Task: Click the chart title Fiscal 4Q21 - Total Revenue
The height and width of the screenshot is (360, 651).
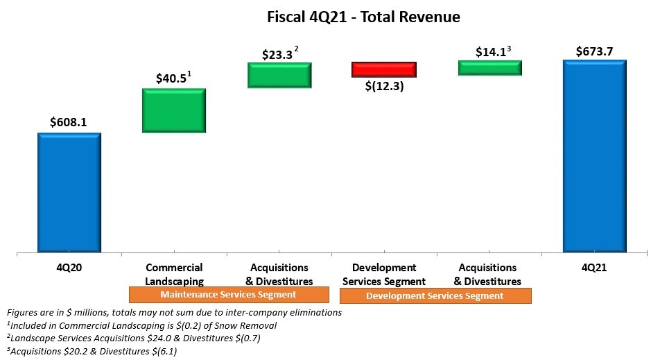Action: [x=363, y=16]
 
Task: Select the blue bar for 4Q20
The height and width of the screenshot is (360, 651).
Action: [x=69, y=192]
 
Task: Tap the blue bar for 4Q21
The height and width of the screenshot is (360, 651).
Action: [x=594, y=156]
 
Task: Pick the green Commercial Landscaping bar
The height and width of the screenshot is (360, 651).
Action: [x=173, y=110]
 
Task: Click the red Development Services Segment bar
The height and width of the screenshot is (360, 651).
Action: [x=383, y=69]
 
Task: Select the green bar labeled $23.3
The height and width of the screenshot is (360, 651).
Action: [x=280, y=75]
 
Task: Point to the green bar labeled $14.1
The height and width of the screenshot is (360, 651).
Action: [x=489, y=67]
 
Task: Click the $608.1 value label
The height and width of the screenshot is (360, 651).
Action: [x=68, y=122]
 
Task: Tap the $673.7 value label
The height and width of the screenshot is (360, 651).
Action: [x=594, y=51]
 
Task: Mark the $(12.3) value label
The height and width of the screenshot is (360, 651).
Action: [x=384, y=87]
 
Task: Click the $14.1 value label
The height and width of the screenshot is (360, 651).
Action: [x=491, y=52]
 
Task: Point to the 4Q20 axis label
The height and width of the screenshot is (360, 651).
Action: [x=69, y=268]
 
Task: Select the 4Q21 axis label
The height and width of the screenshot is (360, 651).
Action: [x=593, y=268]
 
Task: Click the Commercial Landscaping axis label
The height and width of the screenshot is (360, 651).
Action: [x=173, y=275]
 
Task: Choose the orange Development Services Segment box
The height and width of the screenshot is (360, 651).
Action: [x=435, y=296]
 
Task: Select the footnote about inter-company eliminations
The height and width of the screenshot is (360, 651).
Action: [x=173, y=312]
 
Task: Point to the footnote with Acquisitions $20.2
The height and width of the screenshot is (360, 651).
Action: [x=91, y=351]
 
